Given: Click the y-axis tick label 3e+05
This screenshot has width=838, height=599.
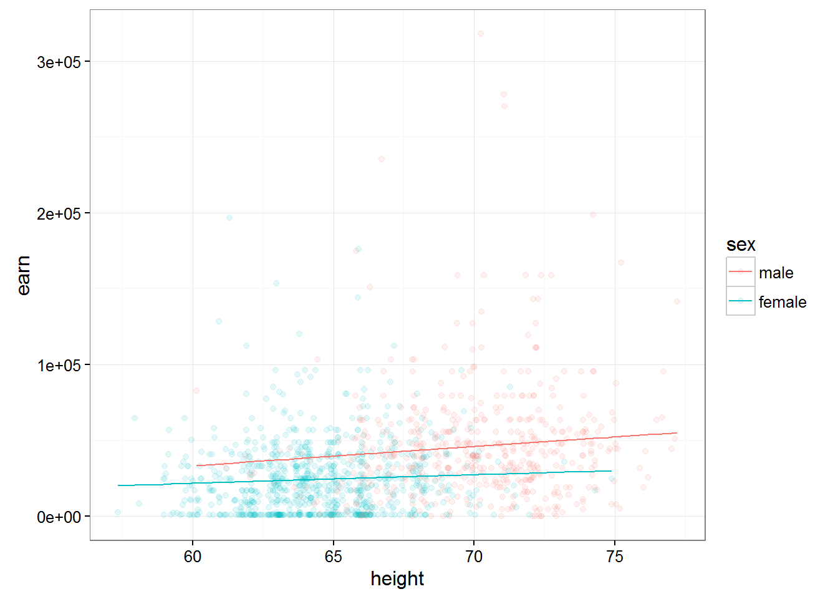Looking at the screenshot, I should click(x=59, y=62).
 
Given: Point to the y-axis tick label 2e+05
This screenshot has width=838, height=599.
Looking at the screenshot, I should click(x=59, y=213).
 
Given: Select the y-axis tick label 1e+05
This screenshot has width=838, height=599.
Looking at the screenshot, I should click(x=59, y=365).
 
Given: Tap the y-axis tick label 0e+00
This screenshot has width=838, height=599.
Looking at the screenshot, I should click(x=59, y=517).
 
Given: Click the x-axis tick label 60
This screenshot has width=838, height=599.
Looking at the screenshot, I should click(x=193, y=557).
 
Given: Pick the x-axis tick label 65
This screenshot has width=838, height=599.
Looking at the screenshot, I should click(x=334, y=557).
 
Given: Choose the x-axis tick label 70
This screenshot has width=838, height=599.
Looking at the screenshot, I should click(x=474, y=557).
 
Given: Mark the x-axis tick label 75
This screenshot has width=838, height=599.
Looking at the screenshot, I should click(x=615, y=557).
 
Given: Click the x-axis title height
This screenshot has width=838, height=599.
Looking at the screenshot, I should click(x=397, y=579).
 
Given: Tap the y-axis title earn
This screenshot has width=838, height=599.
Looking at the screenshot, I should click(x=24, y=275).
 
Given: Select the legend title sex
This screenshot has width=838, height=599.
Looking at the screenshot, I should click(x=741, y=245).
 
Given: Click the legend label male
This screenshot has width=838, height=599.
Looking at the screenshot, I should click(x=776, y=273).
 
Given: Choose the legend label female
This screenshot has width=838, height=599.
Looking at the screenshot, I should click(x=783, y=302).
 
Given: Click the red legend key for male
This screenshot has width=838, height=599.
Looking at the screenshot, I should click(x=741, y=271).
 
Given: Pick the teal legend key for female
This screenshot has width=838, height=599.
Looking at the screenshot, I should click(x=741, y=301).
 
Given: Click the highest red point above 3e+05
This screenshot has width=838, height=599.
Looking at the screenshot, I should click(x=480, y=34).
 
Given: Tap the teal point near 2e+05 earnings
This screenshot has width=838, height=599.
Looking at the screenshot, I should click(x=229, y=218).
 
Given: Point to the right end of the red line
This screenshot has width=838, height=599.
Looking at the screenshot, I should click(x=677, y=433).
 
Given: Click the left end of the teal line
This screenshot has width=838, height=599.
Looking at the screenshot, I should click(x=118, y=485).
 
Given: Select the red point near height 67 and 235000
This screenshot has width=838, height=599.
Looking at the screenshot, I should click(x=382, y=159).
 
